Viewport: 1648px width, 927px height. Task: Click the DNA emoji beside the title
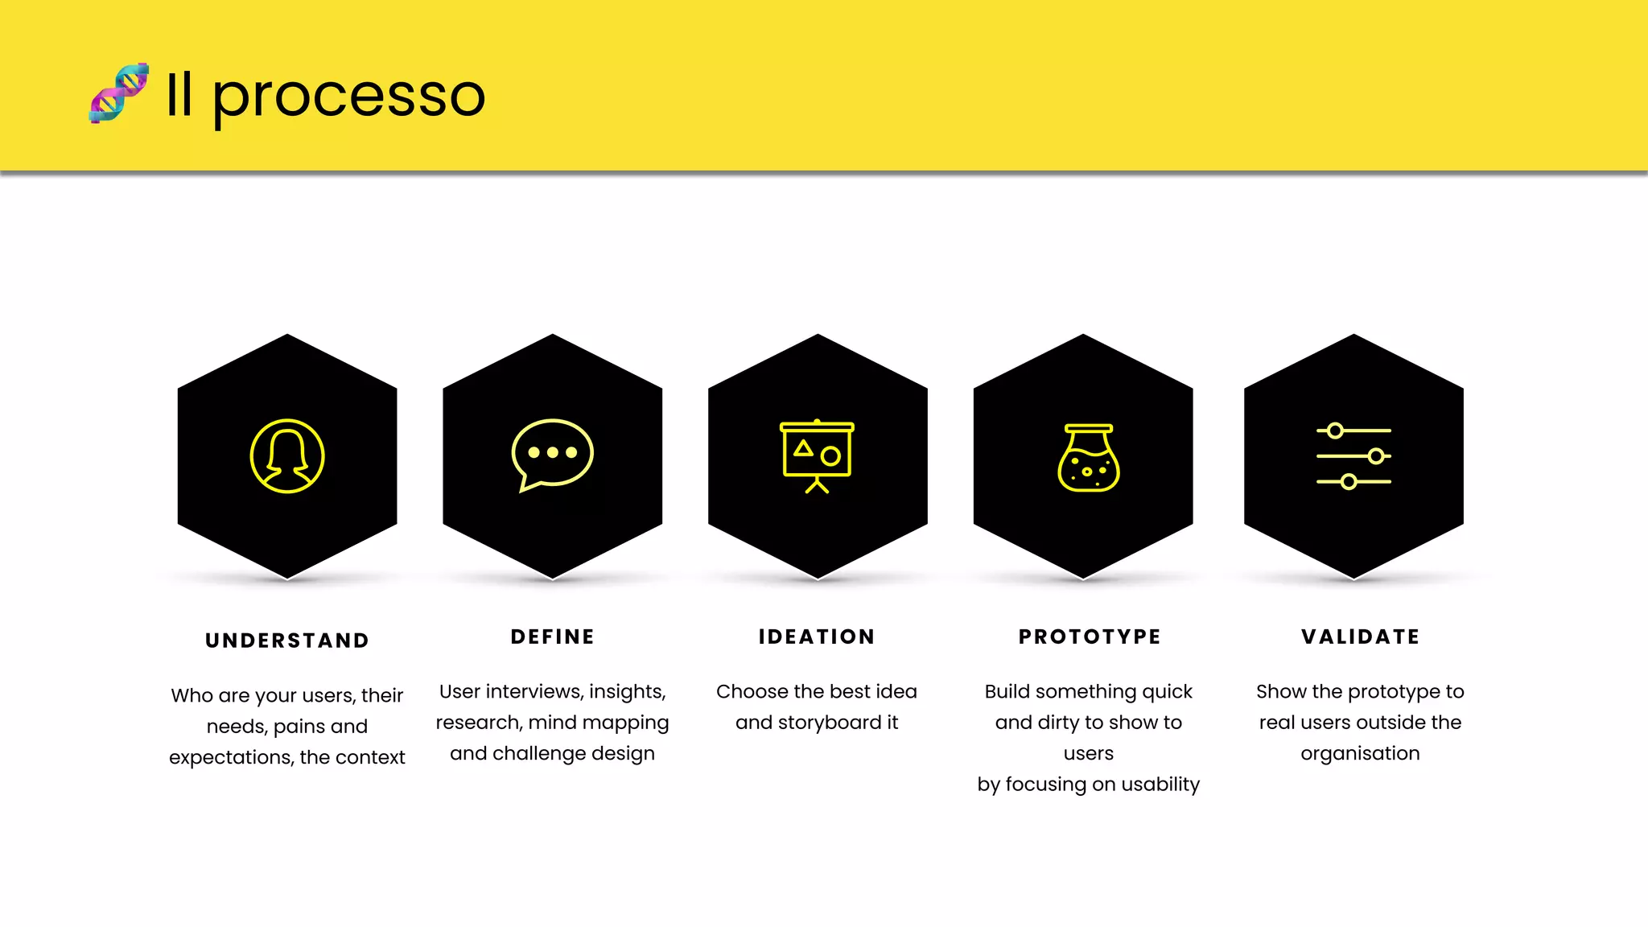[x=119, y=93]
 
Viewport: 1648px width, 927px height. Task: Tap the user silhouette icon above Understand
[x=287, y=456]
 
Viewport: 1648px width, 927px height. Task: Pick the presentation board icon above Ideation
[x=817, y=456]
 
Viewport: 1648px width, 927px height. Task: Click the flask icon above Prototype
[x=1088, y=458]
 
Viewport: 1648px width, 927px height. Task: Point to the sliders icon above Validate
[x=1353, y=456]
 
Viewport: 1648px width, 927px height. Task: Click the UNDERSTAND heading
[x=287, y=641]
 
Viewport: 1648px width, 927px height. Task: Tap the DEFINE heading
[x=553, y=637]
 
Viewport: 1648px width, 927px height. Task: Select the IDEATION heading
[x=817, y=637]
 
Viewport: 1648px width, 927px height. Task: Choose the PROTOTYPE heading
[x=1090, y=637]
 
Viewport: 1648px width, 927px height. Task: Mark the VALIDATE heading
[x=1361, y=637]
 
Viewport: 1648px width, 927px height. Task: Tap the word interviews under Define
[x=534, y=691]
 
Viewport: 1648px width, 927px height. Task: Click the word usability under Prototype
[x=1160, y=785]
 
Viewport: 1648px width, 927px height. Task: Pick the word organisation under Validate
[x=1360, y=754]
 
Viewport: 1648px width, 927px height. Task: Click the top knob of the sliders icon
[x=1335, y=431]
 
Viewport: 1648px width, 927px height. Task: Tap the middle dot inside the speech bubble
[x=552, y=452]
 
